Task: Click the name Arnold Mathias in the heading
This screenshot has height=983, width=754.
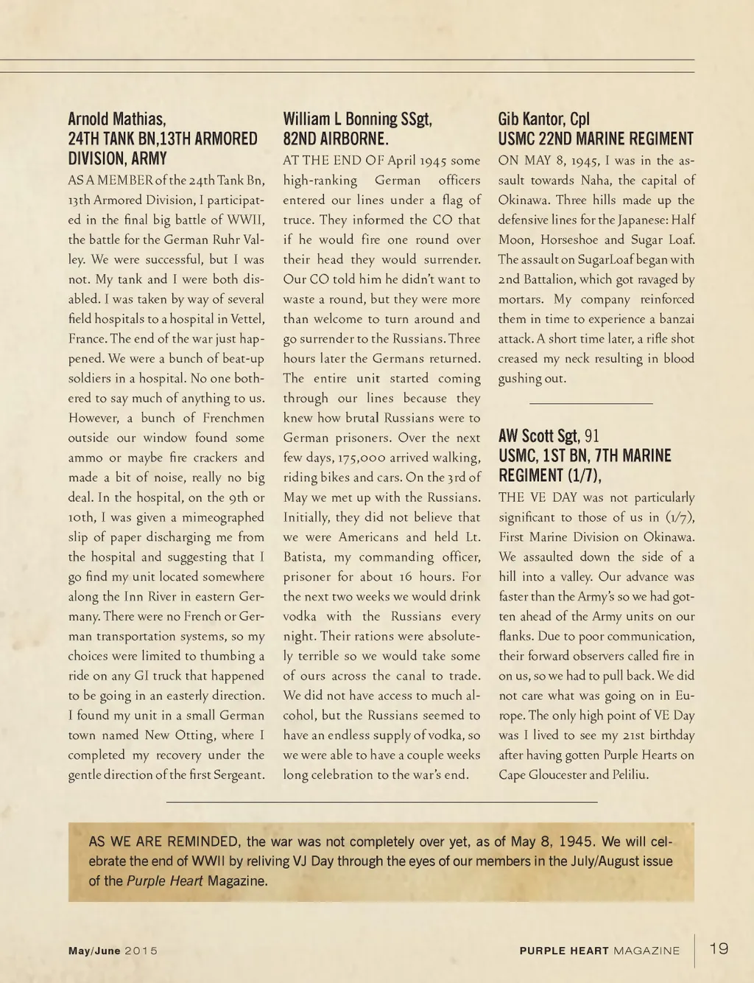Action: click(x=117, y=119)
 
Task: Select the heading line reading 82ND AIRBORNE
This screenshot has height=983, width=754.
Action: click(x=335, y=139)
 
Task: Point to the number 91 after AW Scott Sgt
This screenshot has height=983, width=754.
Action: click(x=592, y=436)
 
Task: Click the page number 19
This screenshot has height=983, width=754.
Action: click(x=719, y=948)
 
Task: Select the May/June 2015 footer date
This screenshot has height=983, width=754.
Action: click(x=113, y=951)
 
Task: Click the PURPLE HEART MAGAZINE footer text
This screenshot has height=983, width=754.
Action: click(x=599, y=951)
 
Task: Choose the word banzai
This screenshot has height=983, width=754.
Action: click(x=674, y=319)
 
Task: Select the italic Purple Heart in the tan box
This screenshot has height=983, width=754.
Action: click(x=164, y=881)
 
